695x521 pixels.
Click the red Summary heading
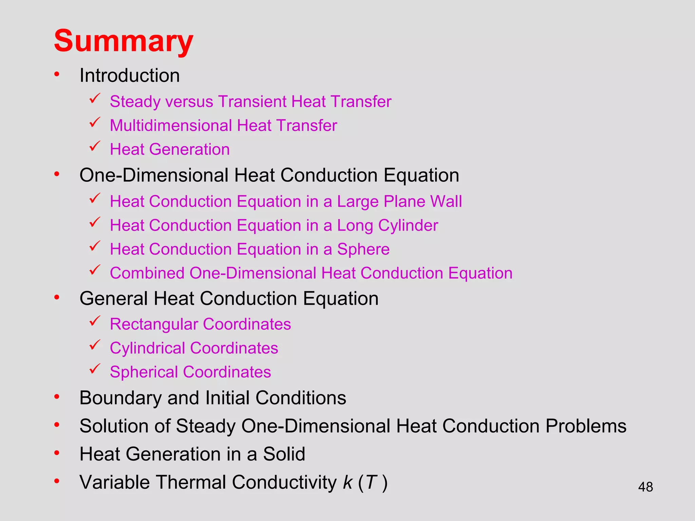[x=124, y=41]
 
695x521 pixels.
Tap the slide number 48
[x=645, y=487]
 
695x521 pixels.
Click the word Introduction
[x=129, y=75]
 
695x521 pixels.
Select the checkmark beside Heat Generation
[x=95, y=146]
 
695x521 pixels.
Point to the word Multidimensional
[x=171, y=126]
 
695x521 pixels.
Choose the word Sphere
[x=363, y=249]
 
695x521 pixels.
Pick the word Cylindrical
[x=147, y=348]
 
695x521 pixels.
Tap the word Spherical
[x=144, y=372]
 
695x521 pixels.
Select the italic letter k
[x=348, y=482]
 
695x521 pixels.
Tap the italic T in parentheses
[x=372, y=482]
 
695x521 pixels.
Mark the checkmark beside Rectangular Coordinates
[x=95, y=321]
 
